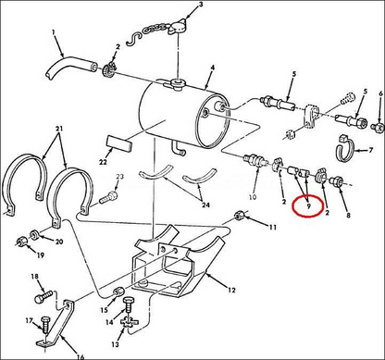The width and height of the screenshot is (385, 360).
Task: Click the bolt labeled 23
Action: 112,195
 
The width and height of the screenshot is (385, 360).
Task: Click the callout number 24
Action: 206,195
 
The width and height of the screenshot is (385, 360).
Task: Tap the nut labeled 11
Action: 242,218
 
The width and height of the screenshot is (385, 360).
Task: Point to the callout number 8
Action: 348,215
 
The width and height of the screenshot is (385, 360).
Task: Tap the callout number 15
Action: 104,311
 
